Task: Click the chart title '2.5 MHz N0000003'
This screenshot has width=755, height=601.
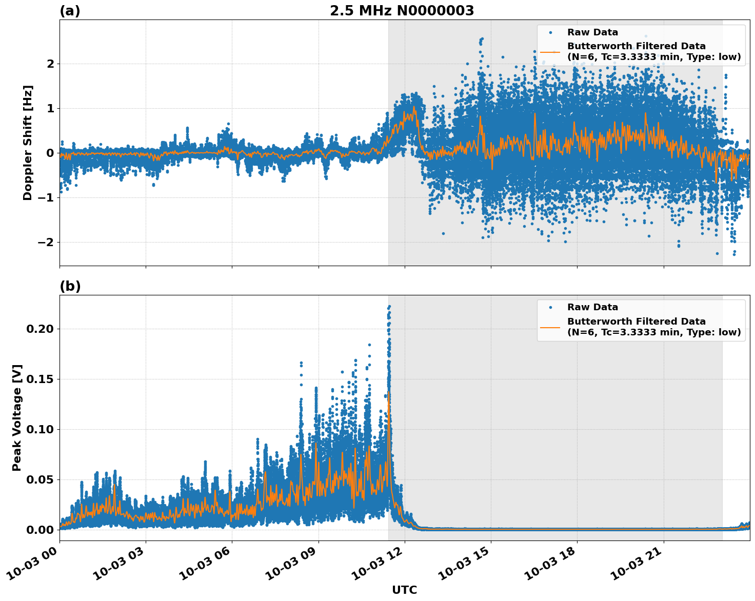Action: pyautogui.click(x=402, y=11)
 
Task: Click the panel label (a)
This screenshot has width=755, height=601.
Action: pyautogui.click(x=70, y=11)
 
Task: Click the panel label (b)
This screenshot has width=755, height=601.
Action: pyautogui.click(x=70, y=286)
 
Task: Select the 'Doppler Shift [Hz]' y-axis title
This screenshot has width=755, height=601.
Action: pyautogui.click(x=28, y=143)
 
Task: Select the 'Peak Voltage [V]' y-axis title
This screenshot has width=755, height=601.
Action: pyautogui.click(x=17, y=418)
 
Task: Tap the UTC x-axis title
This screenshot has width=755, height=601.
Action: pyautogui.click(x=404, y=590)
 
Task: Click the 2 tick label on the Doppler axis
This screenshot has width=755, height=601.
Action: pyautogui.click(x=50, y=64)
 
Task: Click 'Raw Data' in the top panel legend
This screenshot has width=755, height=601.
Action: pyautogui.click(x=592, y=32)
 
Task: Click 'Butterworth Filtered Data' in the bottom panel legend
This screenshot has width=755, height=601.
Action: pyautogui.click(x=636, y=322)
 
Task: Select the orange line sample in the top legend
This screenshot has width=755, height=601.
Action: pyautogui.click(x=550, y=51)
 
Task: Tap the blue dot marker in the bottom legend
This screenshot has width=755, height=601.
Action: pyautogui.click(x=550, y=307)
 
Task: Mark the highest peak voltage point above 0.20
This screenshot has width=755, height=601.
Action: pyautogui.click(x=389, y=307)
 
